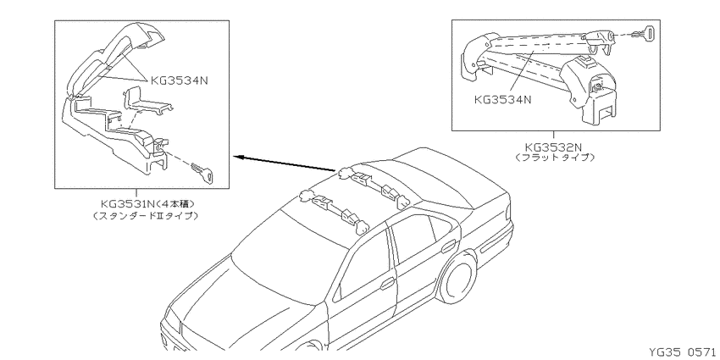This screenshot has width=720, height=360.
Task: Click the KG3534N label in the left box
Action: tap(180, 80)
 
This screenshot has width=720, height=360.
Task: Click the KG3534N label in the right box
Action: tap(502, 99)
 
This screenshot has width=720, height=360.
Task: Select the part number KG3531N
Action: tap(129, 203)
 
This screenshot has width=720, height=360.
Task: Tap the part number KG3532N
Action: tap(553, 147)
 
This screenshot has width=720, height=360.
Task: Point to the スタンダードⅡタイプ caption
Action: tap(146, 215)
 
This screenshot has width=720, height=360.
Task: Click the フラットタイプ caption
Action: tap(555, 158)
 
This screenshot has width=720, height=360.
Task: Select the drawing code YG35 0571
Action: tap(684, 352)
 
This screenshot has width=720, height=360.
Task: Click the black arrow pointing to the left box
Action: tap(285, 164)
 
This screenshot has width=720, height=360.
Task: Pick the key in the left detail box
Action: tap(202, 171)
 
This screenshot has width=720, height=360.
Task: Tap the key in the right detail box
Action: tap(646, 33)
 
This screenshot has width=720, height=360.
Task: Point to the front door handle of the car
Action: tap(388, 283)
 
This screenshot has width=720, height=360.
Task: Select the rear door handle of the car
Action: tap(448, 246)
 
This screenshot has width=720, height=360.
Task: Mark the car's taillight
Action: tap(508, 212)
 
